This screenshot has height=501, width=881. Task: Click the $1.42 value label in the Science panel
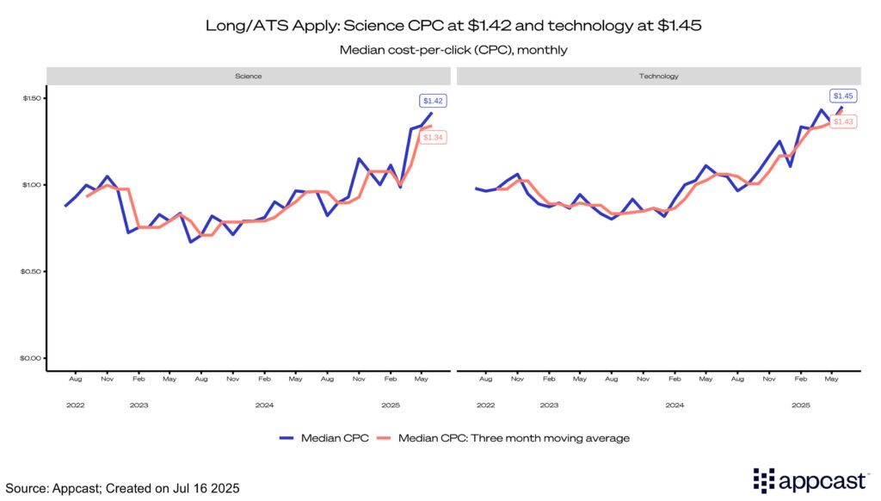pos(432,101)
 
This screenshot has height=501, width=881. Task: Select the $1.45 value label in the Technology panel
pos(843,96)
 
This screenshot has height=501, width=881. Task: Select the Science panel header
pos(249,76)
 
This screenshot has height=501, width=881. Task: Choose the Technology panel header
pos(659,76)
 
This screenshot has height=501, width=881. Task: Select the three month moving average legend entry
pos(511,438)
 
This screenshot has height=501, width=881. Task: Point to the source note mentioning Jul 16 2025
pos(121,488)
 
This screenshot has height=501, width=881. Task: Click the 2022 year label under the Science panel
pos(76,405)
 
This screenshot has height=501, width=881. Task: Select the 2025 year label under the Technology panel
pos(801,405)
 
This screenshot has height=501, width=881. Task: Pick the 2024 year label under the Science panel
pos(264,405)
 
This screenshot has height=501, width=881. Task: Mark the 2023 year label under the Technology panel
pos(549,405)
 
